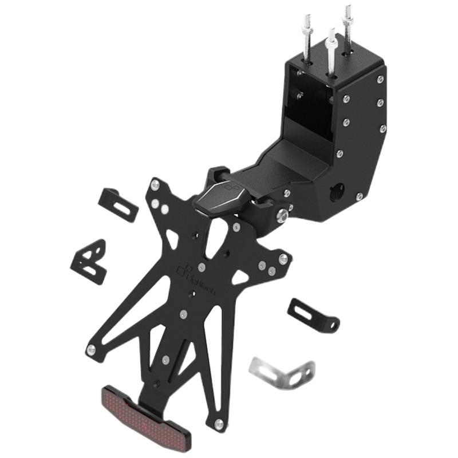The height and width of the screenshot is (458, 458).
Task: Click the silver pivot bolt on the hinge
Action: pyautogui.click(x=282, y=216)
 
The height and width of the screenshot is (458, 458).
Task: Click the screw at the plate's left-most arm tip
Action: pyautogui.click(x=91, y=349)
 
